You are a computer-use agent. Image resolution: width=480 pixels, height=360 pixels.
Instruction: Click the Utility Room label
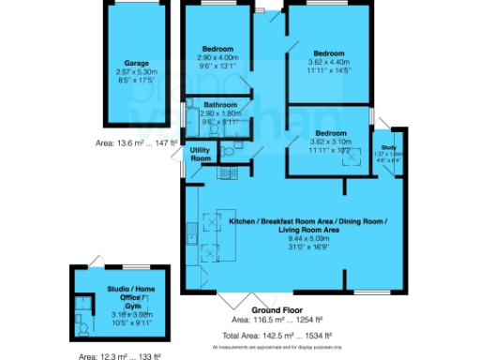[201, 154]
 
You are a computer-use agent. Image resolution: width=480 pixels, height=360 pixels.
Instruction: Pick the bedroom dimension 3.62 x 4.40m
[329, 62]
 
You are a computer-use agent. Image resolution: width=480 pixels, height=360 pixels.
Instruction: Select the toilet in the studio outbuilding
[83, 327]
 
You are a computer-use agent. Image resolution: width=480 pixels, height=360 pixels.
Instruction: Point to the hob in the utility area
[226, 172]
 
